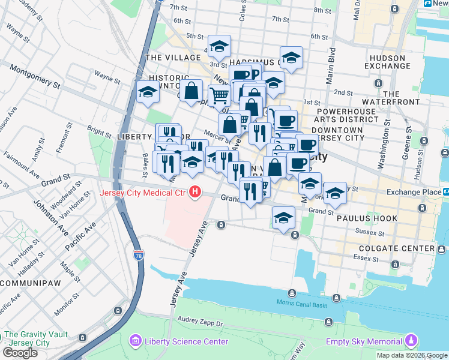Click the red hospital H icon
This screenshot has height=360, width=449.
[x=195, y=193]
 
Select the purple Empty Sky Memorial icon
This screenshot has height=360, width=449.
[x=411, y=341]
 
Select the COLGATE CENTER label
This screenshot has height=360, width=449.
[x=396, y=248]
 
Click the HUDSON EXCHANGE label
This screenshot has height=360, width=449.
[x=387, y=61]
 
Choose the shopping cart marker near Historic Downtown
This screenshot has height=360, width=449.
[x=220, y=95]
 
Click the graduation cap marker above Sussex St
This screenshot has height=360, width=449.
[x=283, y=218]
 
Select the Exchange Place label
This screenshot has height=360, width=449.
[x=414, y=192]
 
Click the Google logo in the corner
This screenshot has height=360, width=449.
[x=20, y=353]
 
